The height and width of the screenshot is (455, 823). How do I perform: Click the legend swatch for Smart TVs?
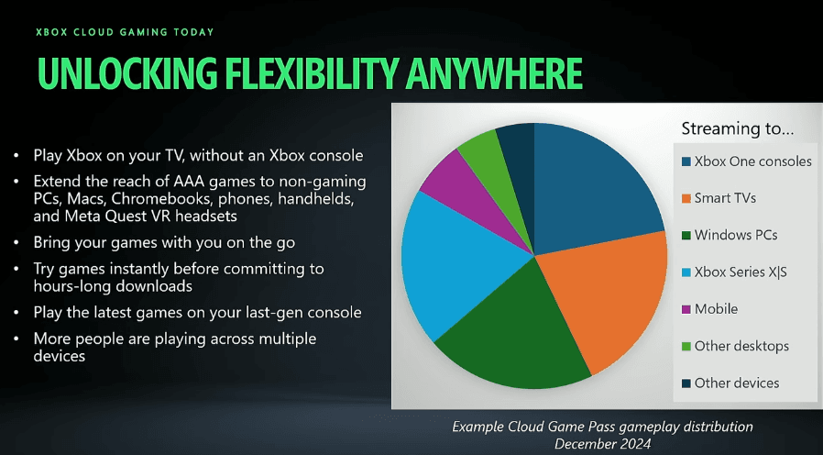coord(686,198)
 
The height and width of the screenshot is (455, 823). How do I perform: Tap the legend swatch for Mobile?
coord(686,309)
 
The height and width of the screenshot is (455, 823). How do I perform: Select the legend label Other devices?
coord(737,383)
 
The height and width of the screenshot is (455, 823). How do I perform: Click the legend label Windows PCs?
coord(736,235)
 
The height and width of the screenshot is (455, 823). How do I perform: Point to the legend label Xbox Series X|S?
coord(741,272)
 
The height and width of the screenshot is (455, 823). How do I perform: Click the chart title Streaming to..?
coord(738,128)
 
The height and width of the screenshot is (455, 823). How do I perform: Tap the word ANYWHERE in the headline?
coord(494,73)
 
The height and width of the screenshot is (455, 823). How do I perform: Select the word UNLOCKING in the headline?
coord(127,73)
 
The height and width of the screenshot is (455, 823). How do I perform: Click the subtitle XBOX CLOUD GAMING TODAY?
coord(125,32)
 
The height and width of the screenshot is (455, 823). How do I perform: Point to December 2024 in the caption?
coord(602,444)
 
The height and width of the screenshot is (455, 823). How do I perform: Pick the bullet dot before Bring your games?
coord(16,243)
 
